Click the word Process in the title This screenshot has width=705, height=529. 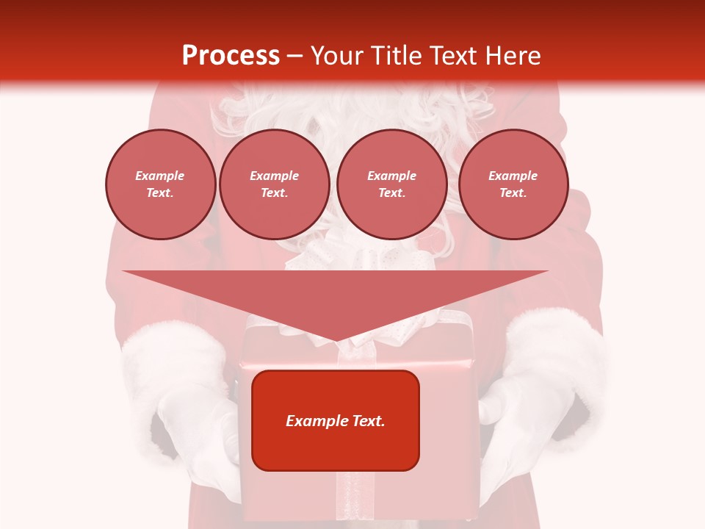coord(231,56)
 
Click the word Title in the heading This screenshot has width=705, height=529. coord(395,56)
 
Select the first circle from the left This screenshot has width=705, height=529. coord(160,184)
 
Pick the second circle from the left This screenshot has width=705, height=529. coord(275,184)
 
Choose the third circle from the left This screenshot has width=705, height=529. coord(391,184)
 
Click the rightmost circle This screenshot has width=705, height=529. coord(513,184)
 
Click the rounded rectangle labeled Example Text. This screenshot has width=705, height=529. coord(336,420)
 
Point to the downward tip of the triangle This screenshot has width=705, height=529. coord(336,339)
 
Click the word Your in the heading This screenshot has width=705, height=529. coord(337,56)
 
